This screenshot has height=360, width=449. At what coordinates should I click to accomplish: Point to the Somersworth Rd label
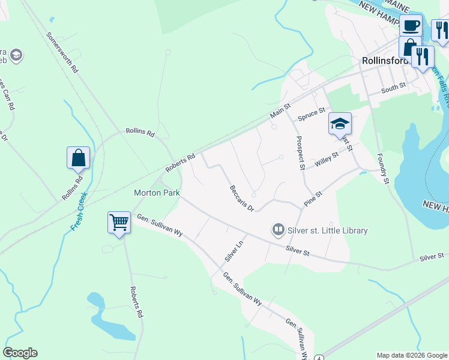point(62,53)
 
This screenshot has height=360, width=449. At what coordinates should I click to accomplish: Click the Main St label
point(280,109)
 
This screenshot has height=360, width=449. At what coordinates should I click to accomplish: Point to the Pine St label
point(313,199)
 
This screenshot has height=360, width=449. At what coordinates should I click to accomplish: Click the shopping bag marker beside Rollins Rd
point(78,158)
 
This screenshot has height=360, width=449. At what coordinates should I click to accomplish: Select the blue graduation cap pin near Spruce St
point(340,124)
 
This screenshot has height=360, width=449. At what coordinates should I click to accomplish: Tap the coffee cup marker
point(411,26)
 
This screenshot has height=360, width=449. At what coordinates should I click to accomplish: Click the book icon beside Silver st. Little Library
point(278,229)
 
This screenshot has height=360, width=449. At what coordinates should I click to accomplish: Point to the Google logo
point(20,353)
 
